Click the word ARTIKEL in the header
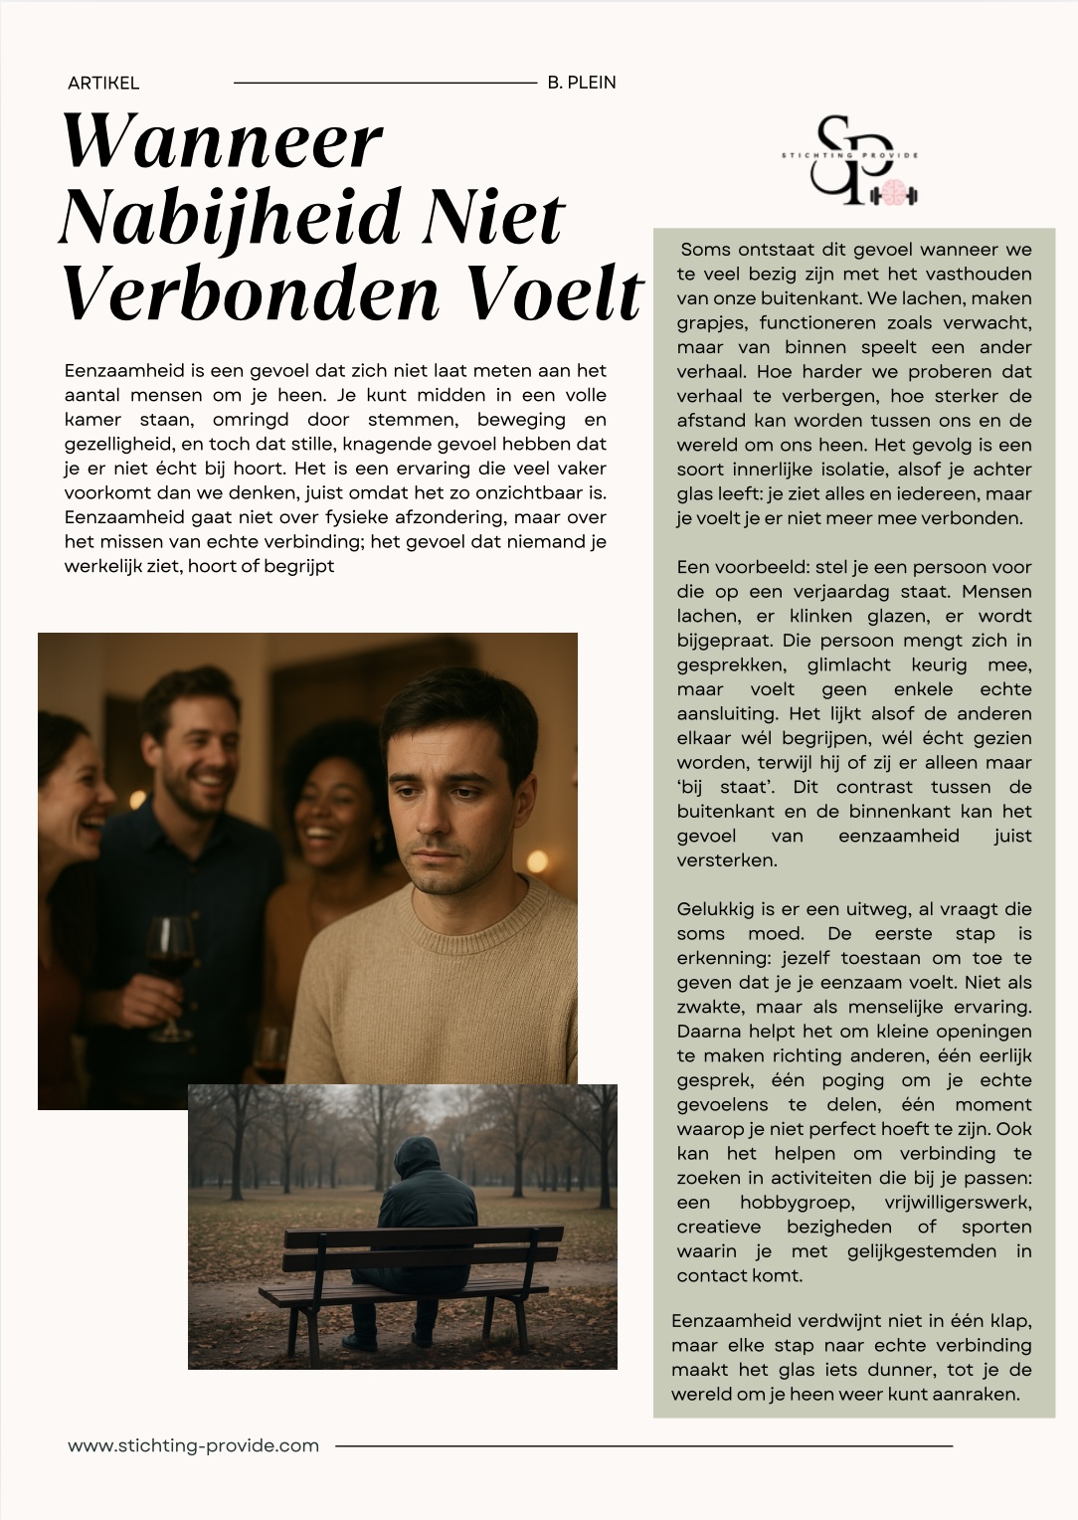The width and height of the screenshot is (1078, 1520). click(x=103, y=84)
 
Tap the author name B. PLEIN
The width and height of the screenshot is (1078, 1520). click(x=582, y=83)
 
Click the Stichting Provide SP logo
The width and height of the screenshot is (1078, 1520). click(x=850, y=159)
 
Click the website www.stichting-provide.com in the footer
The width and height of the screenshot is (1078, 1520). click(x=194, y=1445)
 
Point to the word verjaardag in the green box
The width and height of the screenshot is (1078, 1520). click(x=853, y=592)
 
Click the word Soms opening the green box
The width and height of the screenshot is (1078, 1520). click(x=705, y=250)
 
